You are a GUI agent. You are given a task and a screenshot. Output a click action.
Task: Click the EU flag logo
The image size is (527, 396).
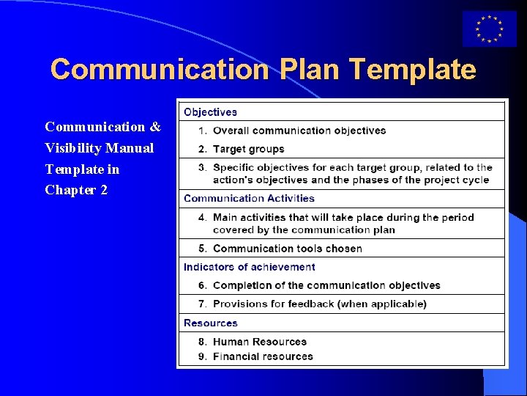[x=489, y=29]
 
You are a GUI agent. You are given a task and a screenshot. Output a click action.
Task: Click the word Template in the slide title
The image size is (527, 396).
[x=413, y=70]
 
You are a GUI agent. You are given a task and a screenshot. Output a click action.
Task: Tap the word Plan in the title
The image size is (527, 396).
[x=310, y=70]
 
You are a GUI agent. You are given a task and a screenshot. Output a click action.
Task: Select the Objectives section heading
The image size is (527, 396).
[x=210, y=112]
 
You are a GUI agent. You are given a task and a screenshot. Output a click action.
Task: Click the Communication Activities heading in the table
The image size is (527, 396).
[x=249, y=198]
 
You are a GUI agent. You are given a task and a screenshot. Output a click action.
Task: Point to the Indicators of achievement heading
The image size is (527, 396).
[x=249, y=267]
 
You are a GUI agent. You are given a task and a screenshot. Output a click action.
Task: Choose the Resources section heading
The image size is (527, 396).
[x=210, y=323]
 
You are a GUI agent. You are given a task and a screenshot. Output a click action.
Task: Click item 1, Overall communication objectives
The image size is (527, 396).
[x=299, y=131]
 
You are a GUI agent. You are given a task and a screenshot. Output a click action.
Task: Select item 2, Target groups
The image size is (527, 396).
[x=248, y=149]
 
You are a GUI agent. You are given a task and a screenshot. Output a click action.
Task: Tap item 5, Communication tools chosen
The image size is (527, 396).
[x=287, y=249]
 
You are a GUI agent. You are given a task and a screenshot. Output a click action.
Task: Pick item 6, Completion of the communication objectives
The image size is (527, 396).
[x=326, y=285]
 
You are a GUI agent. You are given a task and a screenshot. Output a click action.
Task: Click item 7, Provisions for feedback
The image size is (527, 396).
[x=319, y=304]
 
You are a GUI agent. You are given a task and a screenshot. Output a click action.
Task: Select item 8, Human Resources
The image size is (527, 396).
[x=259, y=342]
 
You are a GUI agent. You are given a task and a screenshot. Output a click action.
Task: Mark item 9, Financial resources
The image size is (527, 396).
[x=263, y=356]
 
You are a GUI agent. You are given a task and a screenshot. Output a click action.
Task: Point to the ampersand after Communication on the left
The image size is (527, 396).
[x=155, y=127]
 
